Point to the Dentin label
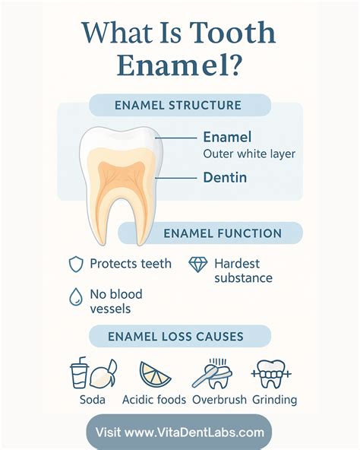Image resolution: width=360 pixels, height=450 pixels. point(226,178)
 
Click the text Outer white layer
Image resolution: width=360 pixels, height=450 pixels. point(249,154)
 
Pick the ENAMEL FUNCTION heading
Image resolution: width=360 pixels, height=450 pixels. point(223,233)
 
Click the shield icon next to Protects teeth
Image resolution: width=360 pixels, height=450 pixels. point(76,265)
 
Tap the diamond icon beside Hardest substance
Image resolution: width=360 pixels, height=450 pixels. point(198,265)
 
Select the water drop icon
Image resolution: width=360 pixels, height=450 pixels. point(76,298)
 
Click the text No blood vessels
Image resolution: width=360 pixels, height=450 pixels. point(115,300)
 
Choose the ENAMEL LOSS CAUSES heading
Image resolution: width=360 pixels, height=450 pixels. point(178,336)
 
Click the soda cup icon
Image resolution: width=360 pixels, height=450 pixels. point(81,374)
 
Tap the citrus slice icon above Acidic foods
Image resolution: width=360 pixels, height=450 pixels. point(155,374)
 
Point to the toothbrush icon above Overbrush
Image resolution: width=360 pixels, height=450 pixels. point(213,374)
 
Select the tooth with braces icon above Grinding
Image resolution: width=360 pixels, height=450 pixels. point(272,373)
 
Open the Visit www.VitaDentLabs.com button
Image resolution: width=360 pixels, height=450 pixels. point(179,433)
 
